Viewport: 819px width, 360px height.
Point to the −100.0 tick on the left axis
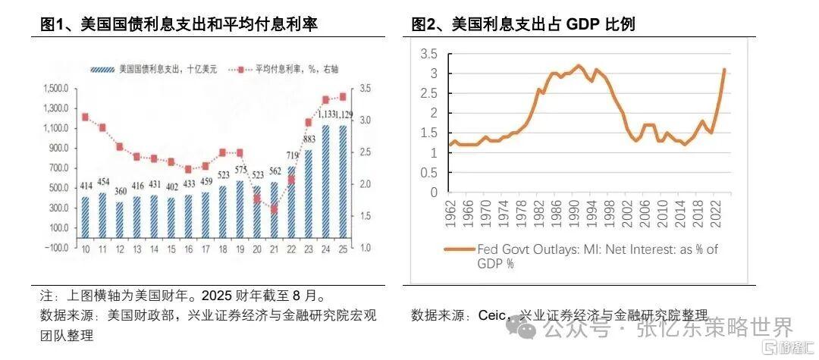pyautogui.click(x=56, y=247)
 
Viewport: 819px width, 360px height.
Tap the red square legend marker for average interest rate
pyautogui.click(x=240, y=69)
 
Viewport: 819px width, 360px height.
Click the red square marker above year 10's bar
pyautogui.click(x=85, y=117)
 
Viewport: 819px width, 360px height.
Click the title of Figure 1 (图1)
pyautogui.click(x=179, y=24)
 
